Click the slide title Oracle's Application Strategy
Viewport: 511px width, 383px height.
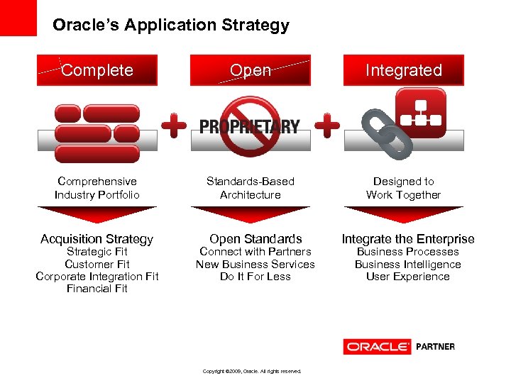tap(171, 26)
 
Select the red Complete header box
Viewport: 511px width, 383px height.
tap(97, 70)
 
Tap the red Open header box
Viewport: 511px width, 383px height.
tap(251, 70)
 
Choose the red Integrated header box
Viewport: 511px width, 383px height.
tap(403, 70)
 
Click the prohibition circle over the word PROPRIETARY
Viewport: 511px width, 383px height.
tap(249, 126)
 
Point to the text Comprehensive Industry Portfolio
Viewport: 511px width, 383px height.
tap(97, 188)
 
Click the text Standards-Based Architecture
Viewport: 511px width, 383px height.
tap(251, 188)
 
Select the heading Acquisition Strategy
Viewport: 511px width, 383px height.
tap(97, 239)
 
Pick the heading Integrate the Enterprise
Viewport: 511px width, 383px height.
tap(408, 239)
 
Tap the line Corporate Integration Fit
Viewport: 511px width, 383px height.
tap(97, 277)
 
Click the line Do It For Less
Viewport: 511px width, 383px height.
tap(255, 277)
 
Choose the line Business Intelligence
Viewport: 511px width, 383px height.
tap(408, 265)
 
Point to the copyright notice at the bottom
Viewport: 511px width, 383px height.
tap(252, 371)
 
